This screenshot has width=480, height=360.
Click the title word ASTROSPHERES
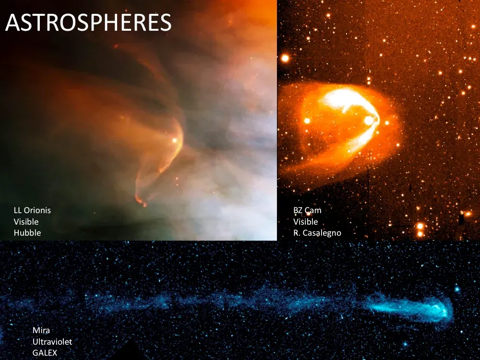pos(88,23)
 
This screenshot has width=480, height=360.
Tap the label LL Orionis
pos(32,210)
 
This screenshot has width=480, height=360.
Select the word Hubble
pos(27,233)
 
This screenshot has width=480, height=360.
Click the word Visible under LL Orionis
pos(26,222)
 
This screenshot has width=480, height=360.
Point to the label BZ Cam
pos(307,210)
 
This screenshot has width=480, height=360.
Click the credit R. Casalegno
pos(317,233)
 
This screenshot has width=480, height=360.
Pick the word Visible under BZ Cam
pos(306,222)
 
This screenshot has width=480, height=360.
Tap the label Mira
pos(41,330)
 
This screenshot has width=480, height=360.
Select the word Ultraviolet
pos(52,342)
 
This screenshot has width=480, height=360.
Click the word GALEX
pos(45,353)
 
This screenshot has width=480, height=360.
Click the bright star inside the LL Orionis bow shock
pos(175,141)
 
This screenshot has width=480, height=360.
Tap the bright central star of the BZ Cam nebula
pos(369,120)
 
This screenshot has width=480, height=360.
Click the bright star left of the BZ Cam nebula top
pos(285,58)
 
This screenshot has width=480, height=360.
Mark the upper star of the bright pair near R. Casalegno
pos(420,226)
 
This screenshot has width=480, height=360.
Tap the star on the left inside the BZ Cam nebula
pos(307,120)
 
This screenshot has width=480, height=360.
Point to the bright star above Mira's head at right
pos(457,289)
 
